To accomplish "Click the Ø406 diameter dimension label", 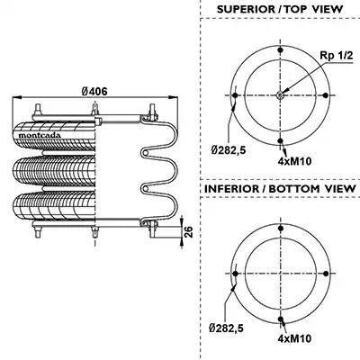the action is pyautogui.click(x=94, y=91).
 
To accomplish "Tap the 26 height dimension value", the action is pyautogui.click(x=188, y=232).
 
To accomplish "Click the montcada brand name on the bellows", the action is pyautogui.click(x=40, y=135).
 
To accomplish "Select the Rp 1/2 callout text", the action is pyautogui.click(x=337, y=56).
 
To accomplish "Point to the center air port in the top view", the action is pyautogui.click(x=280, y=95).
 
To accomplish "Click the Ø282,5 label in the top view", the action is pyautogui.click(x=229, y=149).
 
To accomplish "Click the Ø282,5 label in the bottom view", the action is pyautogui.click(x=226, y=328).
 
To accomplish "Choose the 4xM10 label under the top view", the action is pyautogui.click(x=294, y=161).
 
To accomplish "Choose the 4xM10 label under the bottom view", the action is pyautogui.click(x=294, y=339).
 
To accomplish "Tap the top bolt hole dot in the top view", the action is pyautogui.click(x=281, y=49).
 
